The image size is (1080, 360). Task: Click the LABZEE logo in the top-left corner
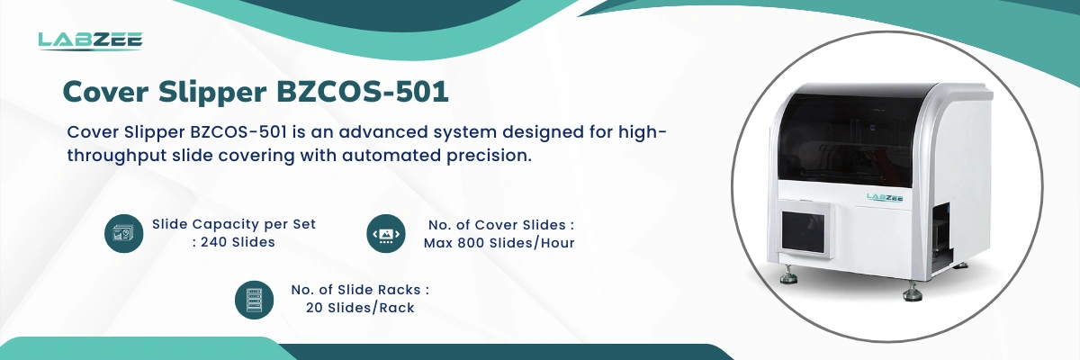click(90, 40)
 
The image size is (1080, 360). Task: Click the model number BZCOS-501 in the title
click(363, 92)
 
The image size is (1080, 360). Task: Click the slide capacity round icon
click(124, 233)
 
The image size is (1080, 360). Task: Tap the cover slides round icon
click(386, 234)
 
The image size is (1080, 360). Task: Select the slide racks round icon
click(254, 300)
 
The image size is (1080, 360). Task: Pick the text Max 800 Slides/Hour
click(499, 243)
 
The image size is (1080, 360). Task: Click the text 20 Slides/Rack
click(360, 308)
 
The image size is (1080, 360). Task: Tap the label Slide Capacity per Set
click(234, 225)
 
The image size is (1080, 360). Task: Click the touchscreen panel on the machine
click(803, 233)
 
